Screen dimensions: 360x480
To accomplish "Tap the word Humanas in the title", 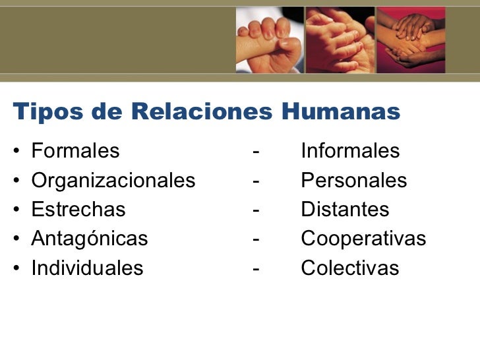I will tap(341, 112).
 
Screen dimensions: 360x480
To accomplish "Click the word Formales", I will tap(76, 152).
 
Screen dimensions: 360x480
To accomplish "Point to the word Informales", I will tap(350, 152).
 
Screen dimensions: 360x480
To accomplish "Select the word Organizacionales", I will tap(113, 181).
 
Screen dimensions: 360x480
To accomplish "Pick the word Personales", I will tap(354, 181).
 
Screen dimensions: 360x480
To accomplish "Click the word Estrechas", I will tap(78, 210).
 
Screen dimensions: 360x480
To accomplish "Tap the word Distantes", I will tap(345, 210).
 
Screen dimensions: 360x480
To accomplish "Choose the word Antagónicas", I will tap(90, 239).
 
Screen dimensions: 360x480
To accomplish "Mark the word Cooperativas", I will tap(363, 239).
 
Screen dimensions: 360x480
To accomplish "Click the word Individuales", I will tap(87, 268).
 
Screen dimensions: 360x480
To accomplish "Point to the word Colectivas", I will tap(350, 268).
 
